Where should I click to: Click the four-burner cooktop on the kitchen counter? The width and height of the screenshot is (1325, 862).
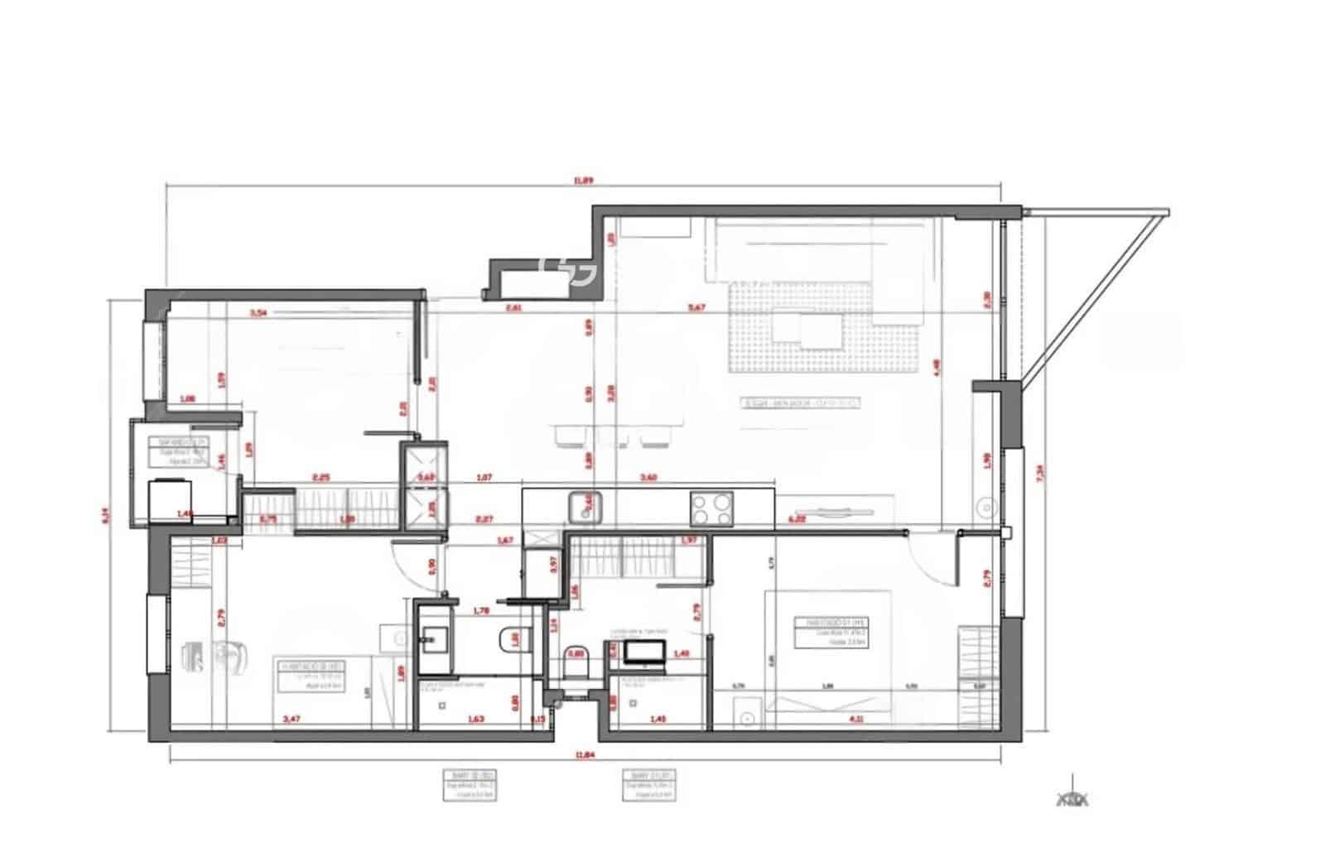(712, 508)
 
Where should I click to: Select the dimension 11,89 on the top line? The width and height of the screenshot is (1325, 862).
(585, 179)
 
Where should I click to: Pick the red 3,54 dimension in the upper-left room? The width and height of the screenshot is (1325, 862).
(259, 313)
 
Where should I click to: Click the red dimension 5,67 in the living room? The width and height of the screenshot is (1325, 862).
(696, 308)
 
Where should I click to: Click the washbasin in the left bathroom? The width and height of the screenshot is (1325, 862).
(431, 638)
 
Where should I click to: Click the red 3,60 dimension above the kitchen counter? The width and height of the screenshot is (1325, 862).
(649, 477)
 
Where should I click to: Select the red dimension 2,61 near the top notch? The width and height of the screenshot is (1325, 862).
(513, 308)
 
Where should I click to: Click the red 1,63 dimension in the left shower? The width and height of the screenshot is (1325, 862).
(476, 719)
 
